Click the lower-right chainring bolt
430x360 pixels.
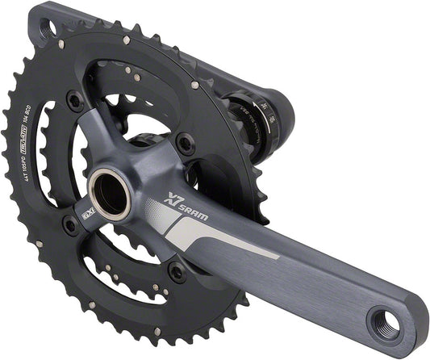[175, 271]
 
